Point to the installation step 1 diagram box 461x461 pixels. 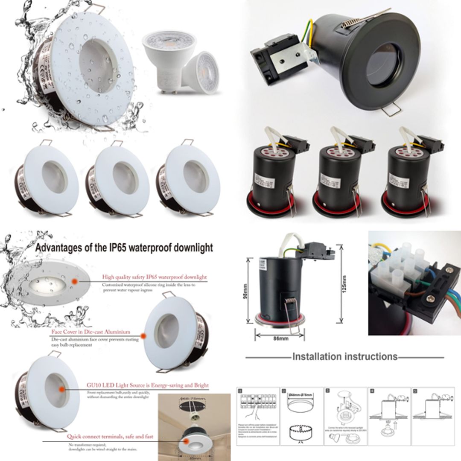pyautogui.click(x=257, y=416)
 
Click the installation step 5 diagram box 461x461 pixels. pyautogui.click(x=432, y=416)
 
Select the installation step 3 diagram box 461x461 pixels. pyautogui.click(x=345, y=416)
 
